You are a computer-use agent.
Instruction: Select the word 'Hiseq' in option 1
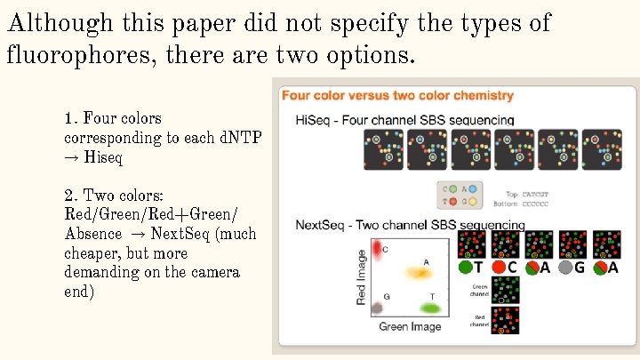click(x=103, y=157)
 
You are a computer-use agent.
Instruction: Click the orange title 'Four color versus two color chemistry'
click(x=397, y=95)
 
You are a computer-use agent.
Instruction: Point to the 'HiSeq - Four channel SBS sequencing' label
click(x=404, y=119)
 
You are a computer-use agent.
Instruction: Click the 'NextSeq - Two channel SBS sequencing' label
click(x=410, y=226)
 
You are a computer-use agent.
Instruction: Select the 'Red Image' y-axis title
click(x=362, y=276)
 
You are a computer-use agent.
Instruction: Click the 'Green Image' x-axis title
click(x=410, y=327)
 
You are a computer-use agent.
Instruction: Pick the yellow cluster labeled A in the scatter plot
click(x=418, y=272)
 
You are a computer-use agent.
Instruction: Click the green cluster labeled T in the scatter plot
click(x=430, y=308)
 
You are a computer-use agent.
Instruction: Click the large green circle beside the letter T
click(x=465, y=268)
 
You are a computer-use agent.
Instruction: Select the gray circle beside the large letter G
click(x=566, y=268)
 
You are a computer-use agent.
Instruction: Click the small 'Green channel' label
click(x=479, y=289)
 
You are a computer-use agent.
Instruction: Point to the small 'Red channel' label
click(x=479, y=319)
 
